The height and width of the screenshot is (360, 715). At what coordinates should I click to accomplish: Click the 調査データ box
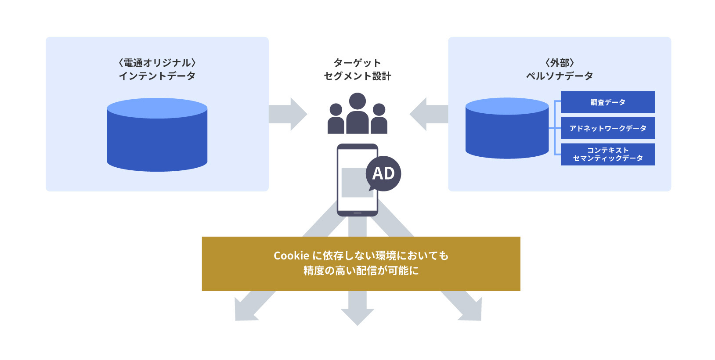pos(607,102)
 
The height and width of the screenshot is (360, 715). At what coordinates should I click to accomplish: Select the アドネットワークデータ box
pos(607,128)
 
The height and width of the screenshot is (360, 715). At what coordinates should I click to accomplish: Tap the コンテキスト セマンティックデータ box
pos(607,154)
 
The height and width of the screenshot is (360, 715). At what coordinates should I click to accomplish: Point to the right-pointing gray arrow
pos(288,114)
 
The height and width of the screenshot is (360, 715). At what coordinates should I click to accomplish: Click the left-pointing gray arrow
pos(428,114)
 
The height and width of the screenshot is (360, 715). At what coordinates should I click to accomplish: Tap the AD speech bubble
pos(383,173)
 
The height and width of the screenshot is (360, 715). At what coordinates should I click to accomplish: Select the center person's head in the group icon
pos(357,101)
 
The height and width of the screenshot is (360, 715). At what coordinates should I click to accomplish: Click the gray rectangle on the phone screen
pos(354,182)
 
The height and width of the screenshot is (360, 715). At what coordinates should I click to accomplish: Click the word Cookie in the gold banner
pos(291,256)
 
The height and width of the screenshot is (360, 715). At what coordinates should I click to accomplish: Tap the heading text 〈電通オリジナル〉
pos(157,63)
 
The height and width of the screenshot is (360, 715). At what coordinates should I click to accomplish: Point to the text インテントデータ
pos(157,76)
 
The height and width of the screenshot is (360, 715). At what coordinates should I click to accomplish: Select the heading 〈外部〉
pos(560,63)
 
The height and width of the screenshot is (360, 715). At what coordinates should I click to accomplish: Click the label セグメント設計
pos(357,76)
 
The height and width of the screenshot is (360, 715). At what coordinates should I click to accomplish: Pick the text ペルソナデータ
pos(560,76)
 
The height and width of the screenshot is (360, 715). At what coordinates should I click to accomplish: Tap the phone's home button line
pos(357,213)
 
